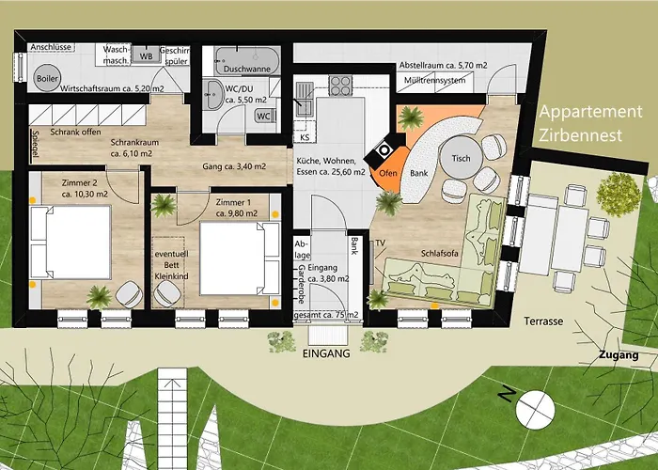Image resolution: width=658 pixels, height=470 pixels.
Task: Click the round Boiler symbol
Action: pos(47,78)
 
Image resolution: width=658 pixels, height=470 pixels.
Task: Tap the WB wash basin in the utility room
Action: pos(146,55)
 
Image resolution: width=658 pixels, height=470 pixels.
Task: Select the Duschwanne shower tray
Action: pos(247,61)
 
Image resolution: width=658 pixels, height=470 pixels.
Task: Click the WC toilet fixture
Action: pos(265,116)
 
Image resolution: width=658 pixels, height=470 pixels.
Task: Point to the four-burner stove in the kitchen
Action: pos(340,86)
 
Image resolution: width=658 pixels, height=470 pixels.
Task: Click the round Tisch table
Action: pos(461,158)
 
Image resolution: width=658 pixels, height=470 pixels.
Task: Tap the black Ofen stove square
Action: pos(384,149)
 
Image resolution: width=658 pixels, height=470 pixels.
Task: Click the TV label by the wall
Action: pos(380,243)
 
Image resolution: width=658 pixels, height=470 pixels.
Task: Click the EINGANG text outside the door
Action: pos(326,353)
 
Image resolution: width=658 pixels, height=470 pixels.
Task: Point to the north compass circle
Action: pos(535,410)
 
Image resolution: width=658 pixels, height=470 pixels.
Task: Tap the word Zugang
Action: pos(619,355)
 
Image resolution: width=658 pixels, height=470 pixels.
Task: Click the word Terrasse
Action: pos(543,321)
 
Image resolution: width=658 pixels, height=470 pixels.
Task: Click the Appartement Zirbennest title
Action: pos(590,123)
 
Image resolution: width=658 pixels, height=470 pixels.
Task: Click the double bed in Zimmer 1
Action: pos(240,258)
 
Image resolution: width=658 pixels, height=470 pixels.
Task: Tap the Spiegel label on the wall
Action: pos(36,146)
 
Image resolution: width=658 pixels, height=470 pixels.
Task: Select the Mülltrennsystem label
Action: pos(434,80)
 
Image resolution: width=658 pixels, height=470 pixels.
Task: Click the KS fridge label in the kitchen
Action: pos(305,137)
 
